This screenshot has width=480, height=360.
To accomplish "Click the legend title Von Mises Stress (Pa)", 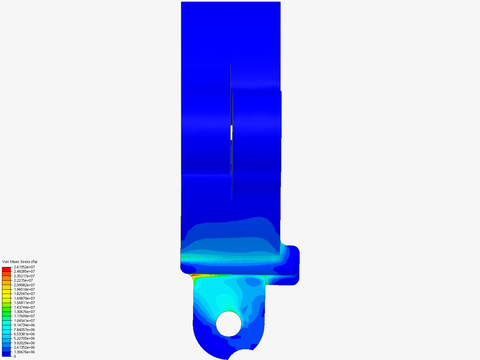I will pos(20,262).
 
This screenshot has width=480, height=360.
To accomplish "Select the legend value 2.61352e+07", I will pos(24,267).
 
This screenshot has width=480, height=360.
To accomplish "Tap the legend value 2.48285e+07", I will pos(24,271).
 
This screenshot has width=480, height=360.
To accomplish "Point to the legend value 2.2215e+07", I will pos(23,280).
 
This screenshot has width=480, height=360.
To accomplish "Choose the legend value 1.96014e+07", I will pos(24,289).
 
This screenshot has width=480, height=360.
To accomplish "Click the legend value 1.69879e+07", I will pos(24,298).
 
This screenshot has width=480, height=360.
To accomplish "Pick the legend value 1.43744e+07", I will pos(24,307).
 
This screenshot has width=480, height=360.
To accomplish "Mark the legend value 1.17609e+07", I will pos(24,316).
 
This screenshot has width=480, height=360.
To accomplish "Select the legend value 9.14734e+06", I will pos(24,325).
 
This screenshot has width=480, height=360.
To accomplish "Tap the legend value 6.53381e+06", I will pos(24,334).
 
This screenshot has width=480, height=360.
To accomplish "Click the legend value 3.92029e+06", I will pos(24,343).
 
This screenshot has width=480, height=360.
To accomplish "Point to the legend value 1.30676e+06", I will pos(24,352).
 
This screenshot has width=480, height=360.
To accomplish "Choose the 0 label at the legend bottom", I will pos(15,356).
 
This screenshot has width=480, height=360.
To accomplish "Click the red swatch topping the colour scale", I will pos(6,269).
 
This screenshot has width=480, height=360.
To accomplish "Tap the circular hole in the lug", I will pos(229,324).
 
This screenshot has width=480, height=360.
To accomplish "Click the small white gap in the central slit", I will pos(231,133).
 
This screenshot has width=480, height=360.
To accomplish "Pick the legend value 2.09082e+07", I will pos(24,285).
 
